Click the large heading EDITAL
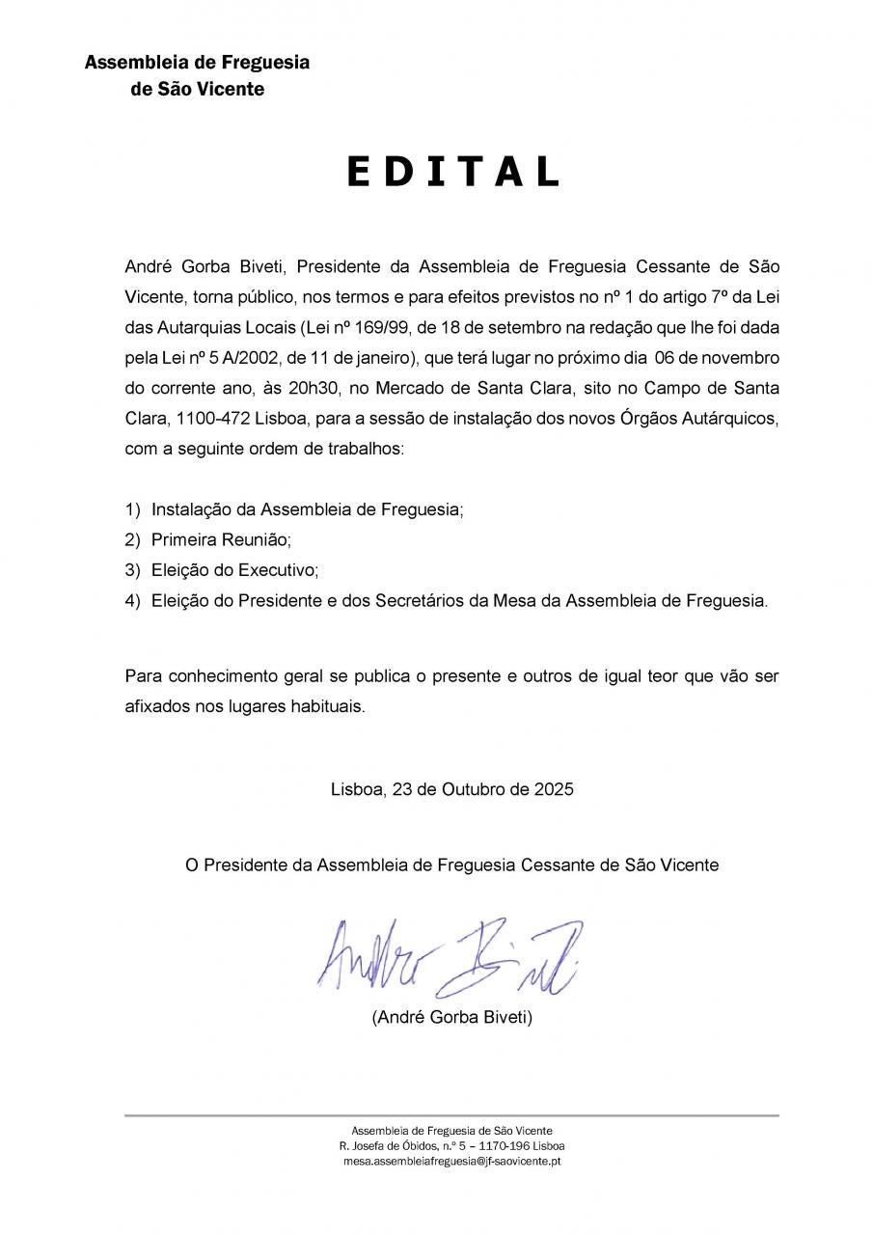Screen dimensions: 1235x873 [452, 172]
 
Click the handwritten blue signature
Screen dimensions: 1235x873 [450, 956]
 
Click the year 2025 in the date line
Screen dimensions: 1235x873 [554, 788]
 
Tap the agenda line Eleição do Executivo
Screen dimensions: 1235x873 [234, 570]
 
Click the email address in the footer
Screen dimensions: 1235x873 [451, 1161]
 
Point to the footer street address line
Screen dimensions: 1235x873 [451, 1145]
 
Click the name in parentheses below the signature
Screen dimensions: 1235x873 [451, 1017]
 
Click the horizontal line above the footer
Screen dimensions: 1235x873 [451, 1115]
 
